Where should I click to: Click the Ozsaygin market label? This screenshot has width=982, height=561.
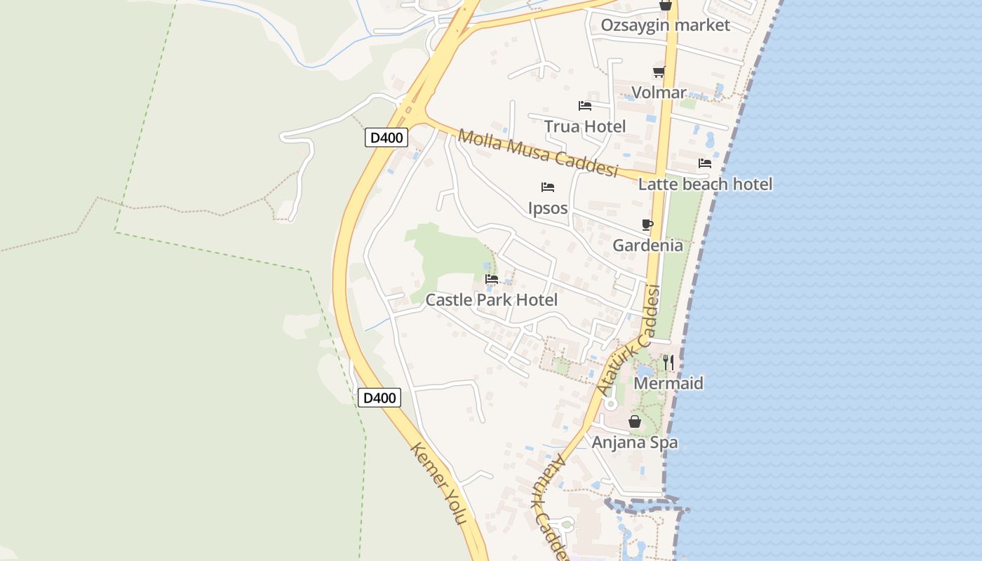(665, 25)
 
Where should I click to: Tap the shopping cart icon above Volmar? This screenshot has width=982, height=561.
(659, 72)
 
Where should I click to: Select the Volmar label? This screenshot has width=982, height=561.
(659, 93)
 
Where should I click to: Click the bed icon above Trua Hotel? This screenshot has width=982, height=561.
(585, 106)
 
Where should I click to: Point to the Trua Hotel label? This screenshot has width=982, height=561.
(585, 126)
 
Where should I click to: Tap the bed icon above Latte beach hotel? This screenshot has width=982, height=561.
(705, 163)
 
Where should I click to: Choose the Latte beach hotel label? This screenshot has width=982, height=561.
(705, 184)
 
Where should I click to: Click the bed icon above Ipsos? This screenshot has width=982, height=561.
(548, 187)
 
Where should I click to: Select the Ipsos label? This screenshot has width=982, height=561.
(548, 208)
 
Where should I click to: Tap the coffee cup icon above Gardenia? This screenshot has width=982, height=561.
(647, 224)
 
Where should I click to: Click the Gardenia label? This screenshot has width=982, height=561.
(647, 245)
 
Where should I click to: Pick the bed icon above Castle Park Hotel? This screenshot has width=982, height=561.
(492, 279)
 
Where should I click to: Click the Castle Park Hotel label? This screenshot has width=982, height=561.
(492, 300)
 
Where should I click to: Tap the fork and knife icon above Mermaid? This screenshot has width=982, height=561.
(668, 362)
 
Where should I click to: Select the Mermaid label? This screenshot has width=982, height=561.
(668, 384)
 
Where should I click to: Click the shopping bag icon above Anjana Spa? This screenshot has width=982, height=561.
(635, 421)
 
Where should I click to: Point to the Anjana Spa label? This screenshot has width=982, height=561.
(635, 442)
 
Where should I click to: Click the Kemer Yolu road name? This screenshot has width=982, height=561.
(439, 484)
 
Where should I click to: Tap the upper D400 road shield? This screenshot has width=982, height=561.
(386, 137)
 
